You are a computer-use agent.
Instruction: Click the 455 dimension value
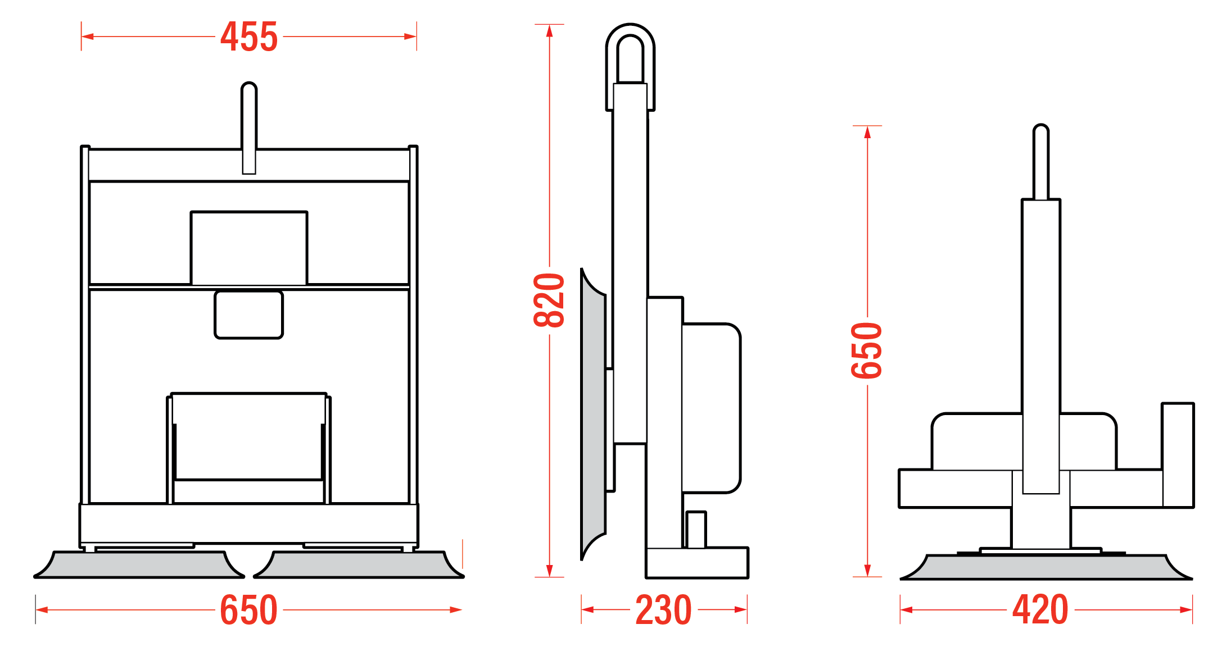(x=249, y=37)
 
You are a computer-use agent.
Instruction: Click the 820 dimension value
(x=549, y=300)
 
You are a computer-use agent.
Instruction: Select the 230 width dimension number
(x=663, y=610)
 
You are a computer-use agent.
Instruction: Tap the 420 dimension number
(x=1040, y=610)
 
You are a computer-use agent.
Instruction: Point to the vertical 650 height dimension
(x=867, y=350)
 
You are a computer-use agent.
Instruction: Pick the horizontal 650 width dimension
(x=248, y=610)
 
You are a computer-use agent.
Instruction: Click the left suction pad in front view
(x=139, y=565)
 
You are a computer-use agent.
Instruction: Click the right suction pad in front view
(x=359, y=565)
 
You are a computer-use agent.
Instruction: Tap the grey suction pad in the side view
(x=594, y=416)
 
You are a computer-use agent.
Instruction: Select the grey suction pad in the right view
(x=1046, y=567)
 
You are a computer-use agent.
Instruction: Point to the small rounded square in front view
(x=248, y=315)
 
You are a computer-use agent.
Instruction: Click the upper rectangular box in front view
(x=249, y=248)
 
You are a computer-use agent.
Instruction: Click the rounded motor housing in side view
(x=711, y=408)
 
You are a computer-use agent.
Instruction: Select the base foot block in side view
(x=697, y=563)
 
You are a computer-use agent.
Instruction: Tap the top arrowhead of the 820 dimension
(x=549, y=30)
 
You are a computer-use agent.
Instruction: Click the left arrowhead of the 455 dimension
(x=88, y=37)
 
